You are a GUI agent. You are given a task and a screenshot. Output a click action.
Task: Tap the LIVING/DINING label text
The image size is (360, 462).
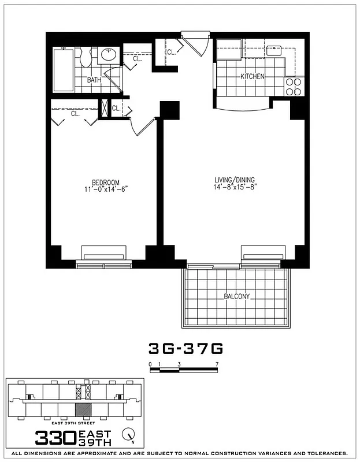(235, 180)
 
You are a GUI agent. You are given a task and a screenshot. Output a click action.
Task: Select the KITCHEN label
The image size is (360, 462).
(253, 76)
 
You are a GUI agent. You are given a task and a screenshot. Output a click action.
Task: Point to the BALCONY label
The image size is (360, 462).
(236, 297)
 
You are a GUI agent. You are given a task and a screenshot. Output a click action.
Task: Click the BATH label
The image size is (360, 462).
(94, 80)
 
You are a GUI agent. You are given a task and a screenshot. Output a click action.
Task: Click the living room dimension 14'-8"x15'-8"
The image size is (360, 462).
(235, 187)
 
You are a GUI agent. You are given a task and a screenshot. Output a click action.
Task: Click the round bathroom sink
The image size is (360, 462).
(107, 55)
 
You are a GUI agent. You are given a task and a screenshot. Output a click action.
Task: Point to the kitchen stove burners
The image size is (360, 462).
(294, 87)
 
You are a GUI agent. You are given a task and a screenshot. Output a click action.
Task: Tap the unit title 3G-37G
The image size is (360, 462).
(185, 349)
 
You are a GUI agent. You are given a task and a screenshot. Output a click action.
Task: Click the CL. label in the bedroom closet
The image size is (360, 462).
(75, 114)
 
